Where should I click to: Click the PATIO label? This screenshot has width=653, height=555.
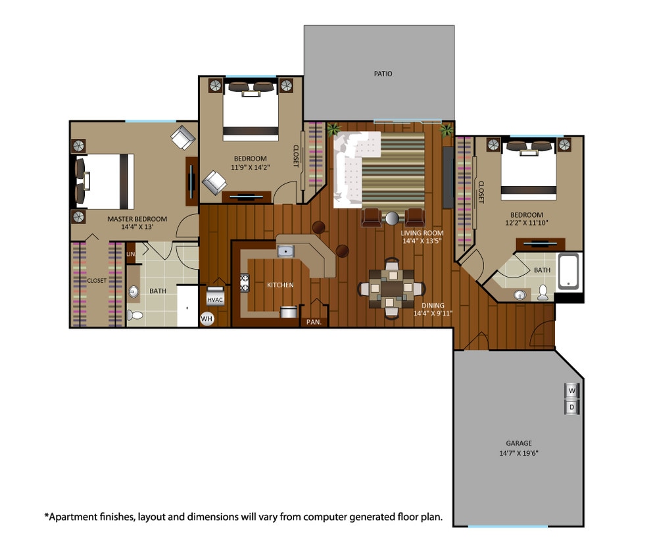click(383, 74)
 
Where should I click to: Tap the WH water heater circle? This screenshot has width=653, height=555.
click(207, 319)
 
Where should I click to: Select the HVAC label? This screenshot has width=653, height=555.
click(216, 299)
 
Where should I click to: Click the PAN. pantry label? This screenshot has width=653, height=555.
click(312, 322)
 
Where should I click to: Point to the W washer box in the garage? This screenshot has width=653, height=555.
click(571, 391)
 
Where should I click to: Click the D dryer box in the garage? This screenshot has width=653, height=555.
click(571, 407)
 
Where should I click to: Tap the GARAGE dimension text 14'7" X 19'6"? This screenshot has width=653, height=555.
click(518, 454)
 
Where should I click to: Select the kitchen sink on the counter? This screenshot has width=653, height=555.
click(285, 251)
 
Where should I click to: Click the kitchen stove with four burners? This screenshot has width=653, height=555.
click(245, 283)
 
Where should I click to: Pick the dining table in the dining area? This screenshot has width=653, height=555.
click(391, 288)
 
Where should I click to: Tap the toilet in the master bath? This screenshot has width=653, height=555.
click(135, 316)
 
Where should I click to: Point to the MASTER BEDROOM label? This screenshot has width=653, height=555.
click(137, 219)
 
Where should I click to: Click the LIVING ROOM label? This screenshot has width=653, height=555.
click(422, 233)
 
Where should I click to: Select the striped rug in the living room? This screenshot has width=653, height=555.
click(393, 170)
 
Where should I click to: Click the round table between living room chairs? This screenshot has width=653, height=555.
click(393, 218)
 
